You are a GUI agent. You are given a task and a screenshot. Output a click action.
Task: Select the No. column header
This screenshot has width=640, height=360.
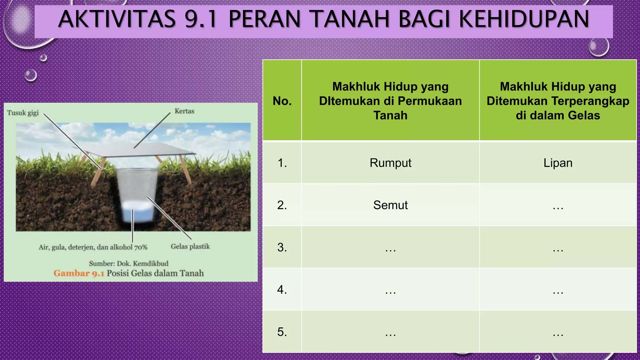282,101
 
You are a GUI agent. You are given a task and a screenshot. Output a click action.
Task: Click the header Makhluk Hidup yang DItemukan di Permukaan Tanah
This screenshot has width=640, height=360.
390,101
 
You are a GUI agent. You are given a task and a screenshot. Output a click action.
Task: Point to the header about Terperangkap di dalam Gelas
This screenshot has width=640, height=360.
558,101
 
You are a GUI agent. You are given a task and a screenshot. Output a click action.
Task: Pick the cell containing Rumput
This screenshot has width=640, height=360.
390,163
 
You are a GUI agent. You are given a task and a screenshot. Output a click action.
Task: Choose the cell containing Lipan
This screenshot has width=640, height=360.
558,163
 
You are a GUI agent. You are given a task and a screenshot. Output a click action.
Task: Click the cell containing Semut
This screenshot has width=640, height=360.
390,205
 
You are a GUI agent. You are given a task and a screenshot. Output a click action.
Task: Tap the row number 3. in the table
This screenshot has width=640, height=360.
282,247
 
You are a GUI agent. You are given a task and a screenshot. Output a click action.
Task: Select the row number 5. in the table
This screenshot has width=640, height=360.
282,332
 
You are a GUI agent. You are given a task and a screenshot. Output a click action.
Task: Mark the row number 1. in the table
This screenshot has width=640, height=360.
282,163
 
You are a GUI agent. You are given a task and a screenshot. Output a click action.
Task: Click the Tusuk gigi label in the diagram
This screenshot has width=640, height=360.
23,113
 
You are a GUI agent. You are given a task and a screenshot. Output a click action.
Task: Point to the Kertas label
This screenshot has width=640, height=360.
184,111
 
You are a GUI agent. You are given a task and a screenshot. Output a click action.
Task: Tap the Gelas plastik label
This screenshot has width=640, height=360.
190,247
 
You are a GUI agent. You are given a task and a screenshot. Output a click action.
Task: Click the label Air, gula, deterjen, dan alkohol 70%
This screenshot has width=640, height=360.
93,247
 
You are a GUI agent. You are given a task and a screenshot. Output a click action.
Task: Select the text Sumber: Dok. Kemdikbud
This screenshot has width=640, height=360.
128,263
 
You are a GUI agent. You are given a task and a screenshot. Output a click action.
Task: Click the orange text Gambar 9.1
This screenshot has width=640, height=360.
78,273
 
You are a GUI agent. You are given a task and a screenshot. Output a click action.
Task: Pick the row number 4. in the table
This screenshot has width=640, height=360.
282,290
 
